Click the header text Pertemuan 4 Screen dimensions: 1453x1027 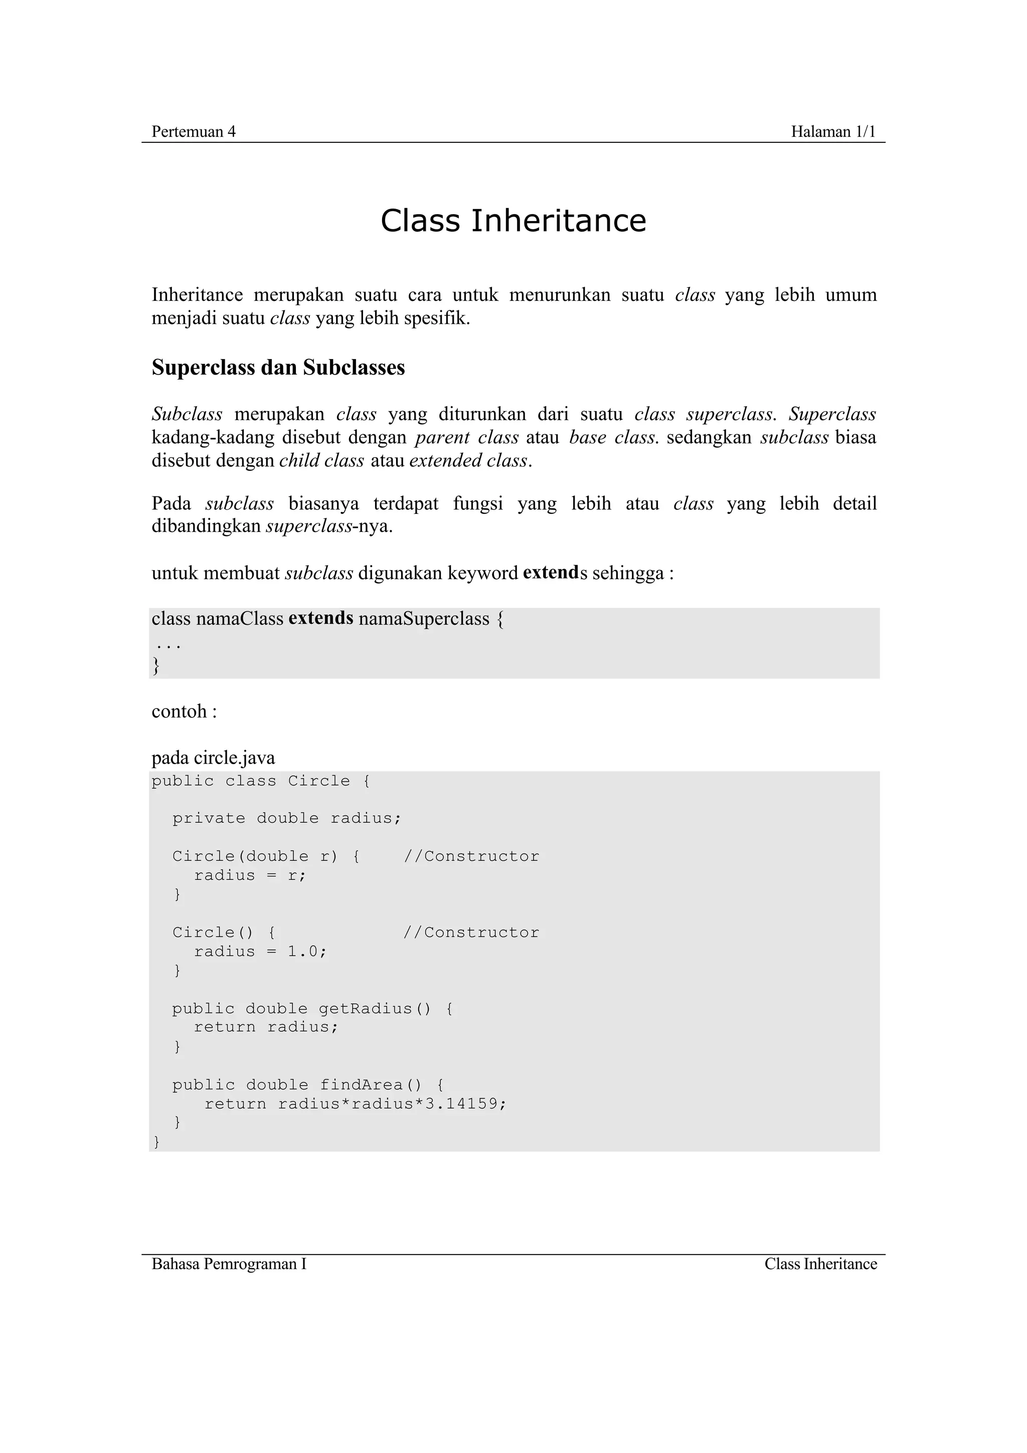point(193,132)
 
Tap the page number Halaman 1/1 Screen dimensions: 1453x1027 point(833,132)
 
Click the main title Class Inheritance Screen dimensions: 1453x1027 point(513,221)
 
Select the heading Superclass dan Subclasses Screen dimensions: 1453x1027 point(278,368)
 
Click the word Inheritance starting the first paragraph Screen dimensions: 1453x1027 point(197,295)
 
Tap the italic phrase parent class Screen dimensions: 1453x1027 point(466,437)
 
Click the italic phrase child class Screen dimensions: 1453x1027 point(321,461)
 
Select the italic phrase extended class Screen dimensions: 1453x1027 point(468,461)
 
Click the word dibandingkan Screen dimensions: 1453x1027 point(206,526)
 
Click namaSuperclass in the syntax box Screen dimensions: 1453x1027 point(423,619)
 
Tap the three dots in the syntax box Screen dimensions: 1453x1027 point(168,645)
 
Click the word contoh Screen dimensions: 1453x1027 point(179,711)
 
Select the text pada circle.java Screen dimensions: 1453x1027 point(213,758)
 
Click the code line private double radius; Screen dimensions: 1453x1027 point(287,818)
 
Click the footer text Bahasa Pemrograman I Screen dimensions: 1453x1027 point(229,1264)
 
